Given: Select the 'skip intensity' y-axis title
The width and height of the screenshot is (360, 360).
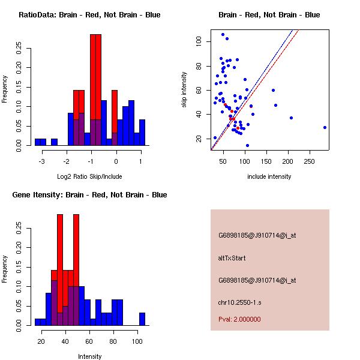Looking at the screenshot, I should pyautogui.click(x=185, y=90).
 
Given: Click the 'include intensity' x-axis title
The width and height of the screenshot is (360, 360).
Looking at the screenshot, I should pyautogui.click(x=269, y=176).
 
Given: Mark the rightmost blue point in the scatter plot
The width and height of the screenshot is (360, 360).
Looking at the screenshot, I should pyautogui.click(x=325, y=127).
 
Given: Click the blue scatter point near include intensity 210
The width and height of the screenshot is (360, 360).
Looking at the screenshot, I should pyautogui.click(x=291, y=118).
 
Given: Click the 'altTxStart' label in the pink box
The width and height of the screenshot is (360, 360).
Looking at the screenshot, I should pyautogui.click(x=232, y=258).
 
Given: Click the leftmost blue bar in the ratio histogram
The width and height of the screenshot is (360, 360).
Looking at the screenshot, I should pyautogui.click(x=38, y=142).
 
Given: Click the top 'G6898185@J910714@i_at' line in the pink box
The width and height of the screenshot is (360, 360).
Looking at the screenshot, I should pyautogui.click(x=257, y=236).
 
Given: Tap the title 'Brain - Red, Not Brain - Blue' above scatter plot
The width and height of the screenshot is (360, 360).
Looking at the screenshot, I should pyautogui.click(x=269, y=15).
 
